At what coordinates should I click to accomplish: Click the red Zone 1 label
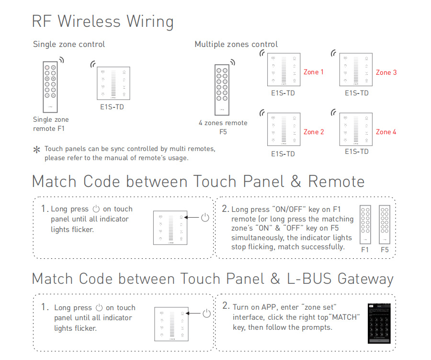[314, 72]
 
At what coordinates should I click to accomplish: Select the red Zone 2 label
[314, 132]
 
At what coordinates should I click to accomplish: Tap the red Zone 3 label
[386, 72]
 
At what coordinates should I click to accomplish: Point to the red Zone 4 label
[386, 132]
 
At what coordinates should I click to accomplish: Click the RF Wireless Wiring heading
[102, 22]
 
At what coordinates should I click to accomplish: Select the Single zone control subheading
[69, 45]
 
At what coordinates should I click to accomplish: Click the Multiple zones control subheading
[236, 45]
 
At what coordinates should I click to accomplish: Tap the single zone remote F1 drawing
[50, 86]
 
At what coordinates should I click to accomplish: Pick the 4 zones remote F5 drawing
[222, 90]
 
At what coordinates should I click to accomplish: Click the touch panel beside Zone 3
[356, 70]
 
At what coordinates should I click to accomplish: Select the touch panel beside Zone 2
[284, 129]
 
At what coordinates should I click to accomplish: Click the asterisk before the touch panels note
[36, 150]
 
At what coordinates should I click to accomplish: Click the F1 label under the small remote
[365, 250]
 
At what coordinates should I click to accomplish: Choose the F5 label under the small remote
[385, 250]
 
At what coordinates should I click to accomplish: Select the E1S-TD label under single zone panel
[112, 107]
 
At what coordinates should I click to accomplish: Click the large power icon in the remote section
[205, 218]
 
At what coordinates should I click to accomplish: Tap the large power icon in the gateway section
[206, 314]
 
